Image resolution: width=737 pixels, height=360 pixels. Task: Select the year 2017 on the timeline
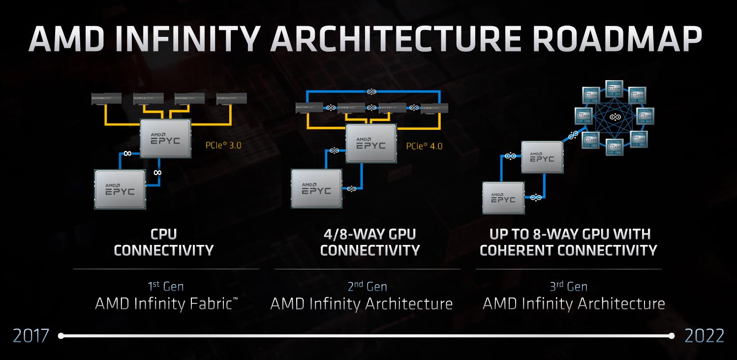click(31, 336)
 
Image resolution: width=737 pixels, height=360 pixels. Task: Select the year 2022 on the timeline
click(704, 336)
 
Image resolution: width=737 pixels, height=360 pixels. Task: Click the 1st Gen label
click(166, 286)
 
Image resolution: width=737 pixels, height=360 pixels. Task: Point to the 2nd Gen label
click(367, 286)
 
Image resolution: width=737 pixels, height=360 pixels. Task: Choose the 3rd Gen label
click(568, 286)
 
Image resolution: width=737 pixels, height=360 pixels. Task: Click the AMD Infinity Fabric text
click(166, 303)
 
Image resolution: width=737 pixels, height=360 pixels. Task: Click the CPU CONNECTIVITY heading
click(163, 241)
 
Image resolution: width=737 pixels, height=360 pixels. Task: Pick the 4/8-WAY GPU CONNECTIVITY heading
click(369, 241)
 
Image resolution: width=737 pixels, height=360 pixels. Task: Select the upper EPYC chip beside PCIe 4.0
click(371, 143)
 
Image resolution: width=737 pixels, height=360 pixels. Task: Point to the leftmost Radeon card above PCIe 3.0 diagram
click(107, 99)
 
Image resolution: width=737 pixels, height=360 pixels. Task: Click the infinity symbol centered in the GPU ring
click(614, 117)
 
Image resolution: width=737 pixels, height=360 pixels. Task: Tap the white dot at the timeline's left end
click(61, 336)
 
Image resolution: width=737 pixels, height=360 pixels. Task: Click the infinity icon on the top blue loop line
click(372, 91)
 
